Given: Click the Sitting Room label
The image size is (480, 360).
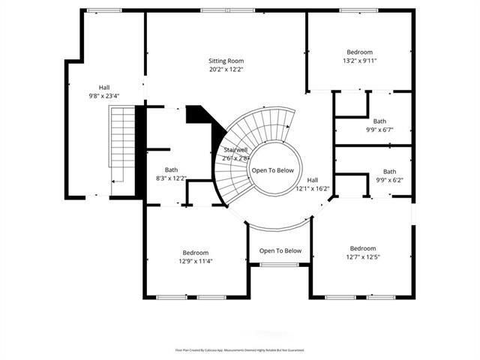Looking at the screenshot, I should pyautogui.click(x=226, y=61).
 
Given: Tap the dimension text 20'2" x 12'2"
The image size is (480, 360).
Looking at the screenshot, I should pyautogui.click(x=226, y=69).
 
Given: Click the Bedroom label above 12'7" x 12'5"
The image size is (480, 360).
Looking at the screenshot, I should pyautogui.click(x=362, y=248).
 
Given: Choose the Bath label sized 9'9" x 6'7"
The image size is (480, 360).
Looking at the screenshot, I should pyautogui.click(x=380, y=121).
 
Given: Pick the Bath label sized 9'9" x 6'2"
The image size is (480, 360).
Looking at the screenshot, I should pyautogui.click(x=389, y=172).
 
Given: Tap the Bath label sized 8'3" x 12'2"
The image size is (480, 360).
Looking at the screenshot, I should pyautogui.click(x=172, y=170).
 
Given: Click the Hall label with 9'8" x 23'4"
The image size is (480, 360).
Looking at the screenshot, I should pyautogui.click(x=104, y=88).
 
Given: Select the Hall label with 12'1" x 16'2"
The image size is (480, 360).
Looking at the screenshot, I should pyautogui.click(x=312, y=180).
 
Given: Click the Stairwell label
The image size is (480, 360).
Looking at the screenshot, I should pyautogui.click(x=235, y=150).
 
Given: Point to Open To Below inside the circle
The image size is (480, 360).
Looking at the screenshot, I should pyautogui.click(x=273, y=170).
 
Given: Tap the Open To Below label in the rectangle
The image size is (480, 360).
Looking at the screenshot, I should pyautogui.click(x=280, y=250).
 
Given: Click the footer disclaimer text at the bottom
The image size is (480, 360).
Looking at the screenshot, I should pyautogui.click(x=240, y=349).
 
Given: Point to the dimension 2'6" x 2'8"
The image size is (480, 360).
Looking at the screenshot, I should pyautogui.click(x=235, y=158).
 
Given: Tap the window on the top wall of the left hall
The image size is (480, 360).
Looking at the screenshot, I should pyautogui.click(x=103, y=10).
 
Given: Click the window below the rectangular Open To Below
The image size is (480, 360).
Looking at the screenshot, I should pyautogui.click(x=279, y=265).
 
